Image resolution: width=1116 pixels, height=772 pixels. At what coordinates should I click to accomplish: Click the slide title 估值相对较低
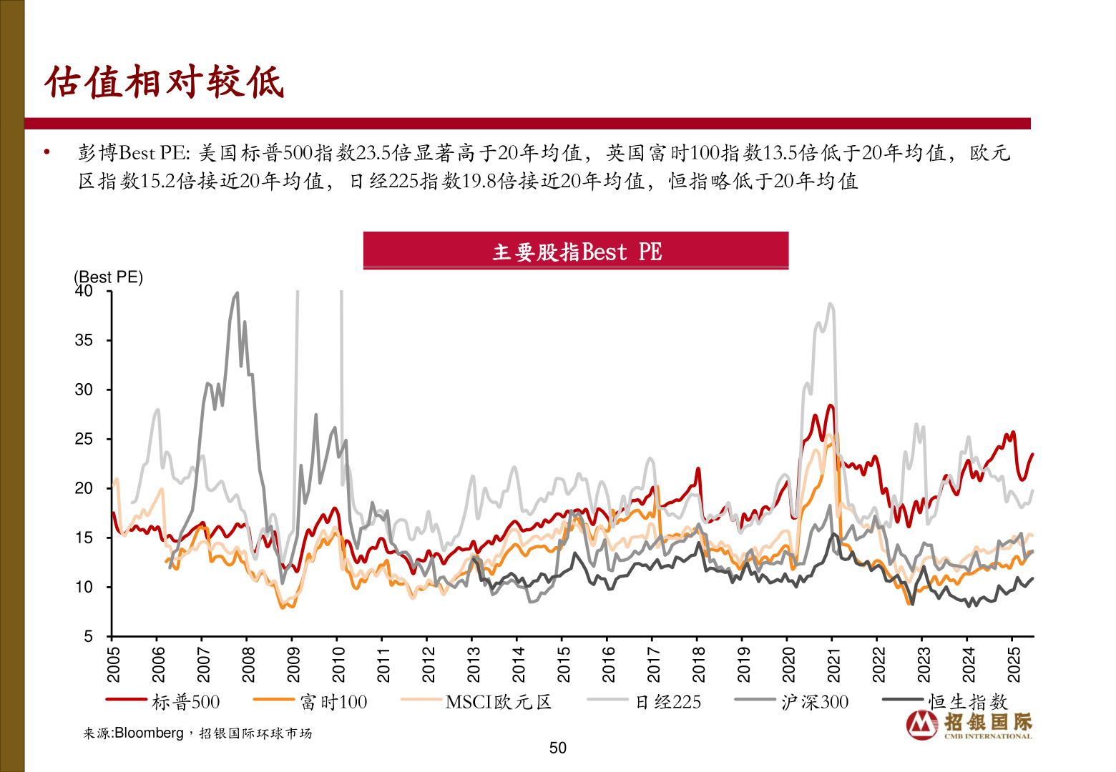pyautogui.click(x=165, y=82)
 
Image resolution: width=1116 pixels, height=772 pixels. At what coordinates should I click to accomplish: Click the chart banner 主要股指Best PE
pyautogui.click(x=576, y=252)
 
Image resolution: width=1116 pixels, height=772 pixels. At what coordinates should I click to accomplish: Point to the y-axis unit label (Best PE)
pyautogui.click(x=108, y=277)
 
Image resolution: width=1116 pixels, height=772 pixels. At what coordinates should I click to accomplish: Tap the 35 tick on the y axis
pyautogui.click(x=84, y=340)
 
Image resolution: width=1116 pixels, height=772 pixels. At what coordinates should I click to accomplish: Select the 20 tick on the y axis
pyautogui.click(x=84, y=488)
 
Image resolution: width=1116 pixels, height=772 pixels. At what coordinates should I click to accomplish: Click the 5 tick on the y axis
pyautogui.click(x=88, y=636)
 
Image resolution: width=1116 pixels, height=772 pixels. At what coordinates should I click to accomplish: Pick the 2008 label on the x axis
pyautogui.click(x=248, y=664)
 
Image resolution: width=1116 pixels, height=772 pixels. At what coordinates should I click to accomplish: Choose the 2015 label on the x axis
pyautogui.click(x=564, y=664)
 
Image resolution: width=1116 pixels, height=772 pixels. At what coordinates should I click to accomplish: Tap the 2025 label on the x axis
pyautogui.click(x=1014, y=664)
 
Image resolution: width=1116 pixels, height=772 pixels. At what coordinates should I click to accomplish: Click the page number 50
pyautogui.click(x=558, y=748)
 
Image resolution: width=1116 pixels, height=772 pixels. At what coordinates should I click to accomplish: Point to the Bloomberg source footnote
pyautogui.click(x=197, y=733)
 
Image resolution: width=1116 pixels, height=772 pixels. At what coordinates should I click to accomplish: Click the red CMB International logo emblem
pyautogui.click(x=922, y=725)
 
